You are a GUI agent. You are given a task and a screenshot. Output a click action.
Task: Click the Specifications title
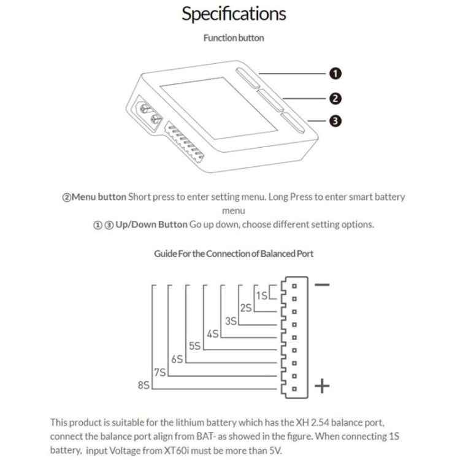click(x=234, y=14)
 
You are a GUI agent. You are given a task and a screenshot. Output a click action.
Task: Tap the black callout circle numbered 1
click(x=335, y=74)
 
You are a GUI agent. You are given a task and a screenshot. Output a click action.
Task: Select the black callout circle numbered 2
click(x=335, y=98)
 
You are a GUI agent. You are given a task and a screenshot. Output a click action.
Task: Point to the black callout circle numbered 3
click(x=335, y=121)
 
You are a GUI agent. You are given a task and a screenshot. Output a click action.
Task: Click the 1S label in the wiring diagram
click(x=262, y=296)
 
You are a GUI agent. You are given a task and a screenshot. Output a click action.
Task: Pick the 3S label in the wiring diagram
click(x=231, y=321)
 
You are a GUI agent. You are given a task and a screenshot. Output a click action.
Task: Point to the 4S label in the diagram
click(x=213, y=334)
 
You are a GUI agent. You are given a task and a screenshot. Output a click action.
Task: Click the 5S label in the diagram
click(x=195, y=347)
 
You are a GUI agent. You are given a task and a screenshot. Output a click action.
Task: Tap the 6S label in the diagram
click(x=177, y=359)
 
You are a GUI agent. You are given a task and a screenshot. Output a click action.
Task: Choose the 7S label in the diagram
click(x=160, y=372)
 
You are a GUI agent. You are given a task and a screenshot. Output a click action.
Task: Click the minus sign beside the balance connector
click(x=321, y=285)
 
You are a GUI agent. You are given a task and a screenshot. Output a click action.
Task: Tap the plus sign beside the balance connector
click(x=321, y=386)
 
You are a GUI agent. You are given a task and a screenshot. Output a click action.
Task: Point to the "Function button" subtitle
click(x=234, y=38)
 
